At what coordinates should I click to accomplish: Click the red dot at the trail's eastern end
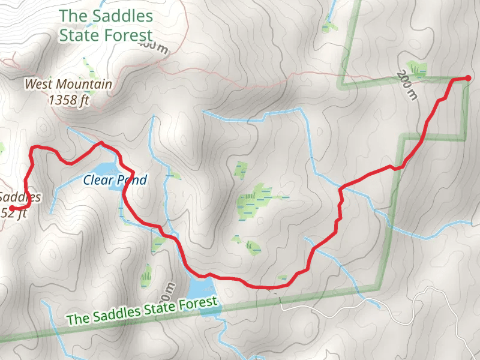[469, 78]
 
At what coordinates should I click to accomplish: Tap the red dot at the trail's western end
[12, 208]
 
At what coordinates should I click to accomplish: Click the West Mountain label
[68, 84]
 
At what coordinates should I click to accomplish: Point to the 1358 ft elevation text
[70, 100]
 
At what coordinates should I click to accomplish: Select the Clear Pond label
[115, 179]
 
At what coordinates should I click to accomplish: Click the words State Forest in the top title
[106, 35]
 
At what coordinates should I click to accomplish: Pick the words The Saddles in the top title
[106, 16]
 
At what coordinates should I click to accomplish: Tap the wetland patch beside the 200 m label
[416, 67]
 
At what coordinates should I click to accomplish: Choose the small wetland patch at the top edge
[328, 26]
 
